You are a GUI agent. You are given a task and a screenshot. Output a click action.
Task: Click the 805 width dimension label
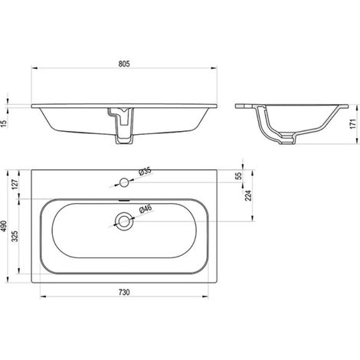(x=124, y=64)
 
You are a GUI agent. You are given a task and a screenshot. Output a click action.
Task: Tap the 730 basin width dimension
(x=124, y=292)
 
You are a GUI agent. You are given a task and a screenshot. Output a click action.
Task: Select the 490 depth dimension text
(x=4, y=226)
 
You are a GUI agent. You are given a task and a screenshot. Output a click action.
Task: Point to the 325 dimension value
(x=15, y=237)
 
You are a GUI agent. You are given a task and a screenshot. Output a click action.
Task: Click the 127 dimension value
(x=15, y=184)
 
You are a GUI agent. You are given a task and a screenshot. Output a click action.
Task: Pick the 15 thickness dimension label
(x=5, y=123)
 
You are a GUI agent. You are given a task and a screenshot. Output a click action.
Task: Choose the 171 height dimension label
(x=353, y=124)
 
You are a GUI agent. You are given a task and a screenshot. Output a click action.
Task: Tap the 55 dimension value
(x=238, y=175)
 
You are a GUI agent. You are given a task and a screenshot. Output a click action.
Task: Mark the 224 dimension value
(x=248, y=195)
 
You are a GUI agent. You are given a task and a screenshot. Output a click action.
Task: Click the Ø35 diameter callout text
(x=145, y=171)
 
